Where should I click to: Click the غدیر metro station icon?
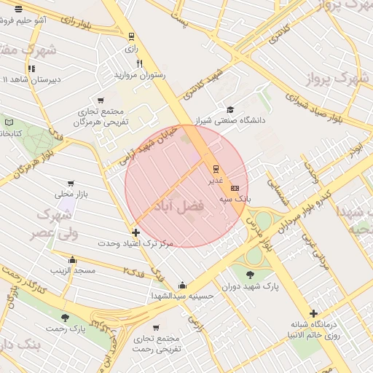pos(215,168)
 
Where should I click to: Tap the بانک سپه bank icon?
pos(234,188)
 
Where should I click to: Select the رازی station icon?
pos(131,36)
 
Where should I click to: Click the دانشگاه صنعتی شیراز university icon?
pos(230,109)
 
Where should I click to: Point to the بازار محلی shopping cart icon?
pos(71,184)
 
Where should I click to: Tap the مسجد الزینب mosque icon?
pos(72,260)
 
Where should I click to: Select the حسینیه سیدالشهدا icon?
pos(181,285)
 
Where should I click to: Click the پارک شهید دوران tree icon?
pos(250,275)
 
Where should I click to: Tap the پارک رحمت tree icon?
pos(66,318)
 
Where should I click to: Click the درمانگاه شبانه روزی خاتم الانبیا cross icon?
pos(313,313)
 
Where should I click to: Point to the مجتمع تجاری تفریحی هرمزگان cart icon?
pos(100,101)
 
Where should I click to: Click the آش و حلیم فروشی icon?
pos(18,9)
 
